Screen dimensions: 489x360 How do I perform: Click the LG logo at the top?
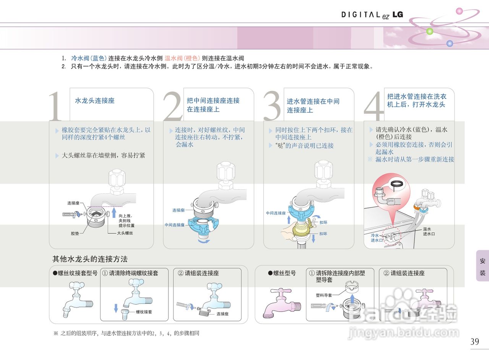pos(398,15)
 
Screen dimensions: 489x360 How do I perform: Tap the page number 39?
pos(474,342)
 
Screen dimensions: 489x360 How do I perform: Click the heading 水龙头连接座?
pos(95,101)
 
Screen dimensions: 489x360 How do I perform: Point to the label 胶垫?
pos(75,233)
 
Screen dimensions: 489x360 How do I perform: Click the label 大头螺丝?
pos(125,233)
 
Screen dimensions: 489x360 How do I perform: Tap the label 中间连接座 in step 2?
pos(175,225)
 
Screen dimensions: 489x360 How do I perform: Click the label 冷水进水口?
pos(377,238)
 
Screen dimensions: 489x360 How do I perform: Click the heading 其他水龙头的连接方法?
pos(90,259)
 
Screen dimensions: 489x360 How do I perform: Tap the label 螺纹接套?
pos(144,312)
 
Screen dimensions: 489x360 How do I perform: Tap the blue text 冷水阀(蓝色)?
pos(89,58)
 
